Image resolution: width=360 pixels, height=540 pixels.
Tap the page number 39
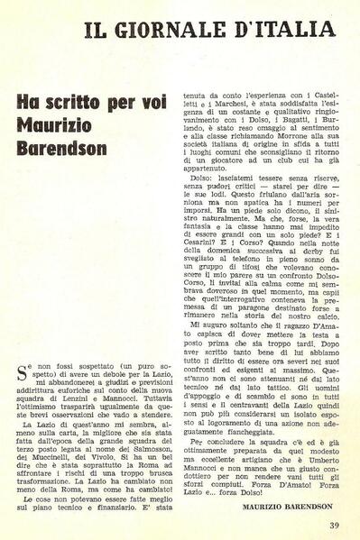click(334, 525)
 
